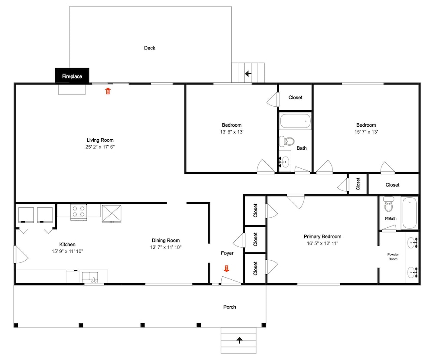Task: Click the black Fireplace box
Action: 72,75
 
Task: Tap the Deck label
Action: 149,48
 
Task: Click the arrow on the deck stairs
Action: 248,74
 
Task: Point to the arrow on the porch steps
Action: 239,340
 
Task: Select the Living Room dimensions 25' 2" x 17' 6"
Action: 100,147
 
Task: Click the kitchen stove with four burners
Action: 79,212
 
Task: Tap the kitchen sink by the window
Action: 90,277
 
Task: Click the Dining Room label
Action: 165,240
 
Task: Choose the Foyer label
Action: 227,253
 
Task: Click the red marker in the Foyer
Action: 227,268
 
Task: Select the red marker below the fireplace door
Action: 108,91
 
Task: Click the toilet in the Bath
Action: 286,141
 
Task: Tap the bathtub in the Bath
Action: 295,121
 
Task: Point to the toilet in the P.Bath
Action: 389,204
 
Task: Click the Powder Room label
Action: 393,257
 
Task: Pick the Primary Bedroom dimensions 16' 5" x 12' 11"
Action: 322,243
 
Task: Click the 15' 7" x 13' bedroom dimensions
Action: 366,132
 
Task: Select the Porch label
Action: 230,307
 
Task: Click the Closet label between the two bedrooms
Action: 295,98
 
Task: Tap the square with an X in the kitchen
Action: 112,213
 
